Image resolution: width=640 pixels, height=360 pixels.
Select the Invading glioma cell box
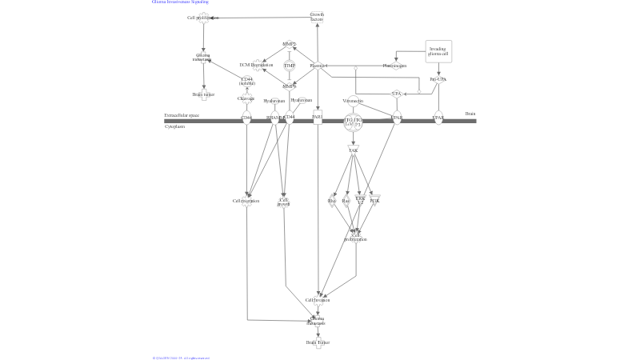(438, 51)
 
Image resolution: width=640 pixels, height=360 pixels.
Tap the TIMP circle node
(290, 66)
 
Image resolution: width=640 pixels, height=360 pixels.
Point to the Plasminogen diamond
(394, 66)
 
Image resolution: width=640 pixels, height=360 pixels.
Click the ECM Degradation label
(256, 65)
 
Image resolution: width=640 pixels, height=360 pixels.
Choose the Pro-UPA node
(438, 79)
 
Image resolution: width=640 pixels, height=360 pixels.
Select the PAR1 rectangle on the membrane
(318, 118)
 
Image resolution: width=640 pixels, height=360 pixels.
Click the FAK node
(353, 150)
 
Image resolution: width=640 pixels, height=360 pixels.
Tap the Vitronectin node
(353, 101)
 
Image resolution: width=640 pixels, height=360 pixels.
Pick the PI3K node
(374, 201)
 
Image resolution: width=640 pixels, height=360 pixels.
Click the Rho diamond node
(332, 201)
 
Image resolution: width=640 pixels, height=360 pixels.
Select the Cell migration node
(246, 201)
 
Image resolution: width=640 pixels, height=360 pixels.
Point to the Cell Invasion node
(318, 300)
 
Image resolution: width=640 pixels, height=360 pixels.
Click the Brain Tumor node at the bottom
(318, 342)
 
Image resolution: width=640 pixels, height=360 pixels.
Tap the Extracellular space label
(182, 115)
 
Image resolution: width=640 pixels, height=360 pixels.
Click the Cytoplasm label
(174, 126)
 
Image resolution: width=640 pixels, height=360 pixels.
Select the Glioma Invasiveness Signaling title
(180, 2)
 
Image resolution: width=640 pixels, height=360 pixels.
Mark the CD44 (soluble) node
(246, 80)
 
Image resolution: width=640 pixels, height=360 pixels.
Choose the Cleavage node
(246, 98)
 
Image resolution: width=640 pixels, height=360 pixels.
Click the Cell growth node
(283, 202)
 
